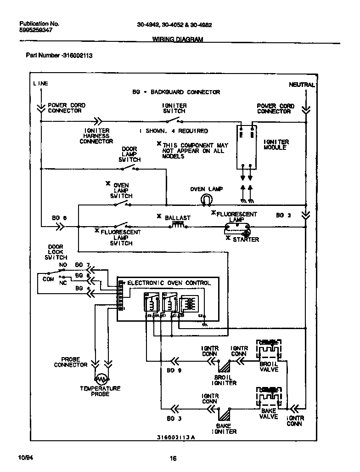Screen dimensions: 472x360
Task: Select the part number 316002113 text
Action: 59,56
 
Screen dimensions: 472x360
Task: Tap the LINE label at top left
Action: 40,84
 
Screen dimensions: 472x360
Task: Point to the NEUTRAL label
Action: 302,85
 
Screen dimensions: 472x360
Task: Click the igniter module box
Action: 247,147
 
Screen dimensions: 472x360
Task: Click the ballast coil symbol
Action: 178,225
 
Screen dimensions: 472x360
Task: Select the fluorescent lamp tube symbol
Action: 237,226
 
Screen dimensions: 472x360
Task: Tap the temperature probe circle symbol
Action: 101,378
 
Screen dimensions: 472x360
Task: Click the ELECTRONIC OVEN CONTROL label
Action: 169,283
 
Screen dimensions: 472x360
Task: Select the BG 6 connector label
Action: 59,218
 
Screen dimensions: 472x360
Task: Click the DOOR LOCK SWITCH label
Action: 56,252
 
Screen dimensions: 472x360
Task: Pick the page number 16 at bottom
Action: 173,458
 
